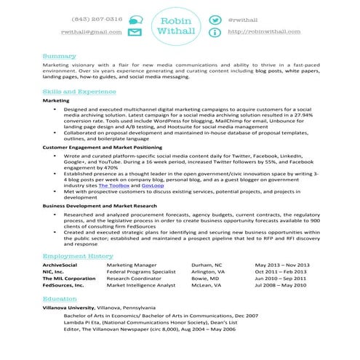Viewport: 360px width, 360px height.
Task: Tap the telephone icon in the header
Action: tap(135, 20)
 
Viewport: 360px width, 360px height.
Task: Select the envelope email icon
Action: tap(135, 33)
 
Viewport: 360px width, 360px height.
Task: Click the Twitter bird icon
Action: tap(215, 20)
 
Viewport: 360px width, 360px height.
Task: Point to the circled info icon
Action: tap(215, 33)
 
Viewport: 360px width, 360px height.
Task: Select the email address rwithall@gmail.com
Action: tap(91, 33)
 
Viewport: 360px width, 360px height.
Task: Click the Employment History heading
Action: tap(78, 257)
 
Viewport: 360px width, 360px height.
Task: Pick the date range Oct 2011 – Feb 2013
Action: tap(282, 272)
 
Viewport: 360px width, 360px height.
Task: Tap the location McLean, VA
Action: tap(207, 286)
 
